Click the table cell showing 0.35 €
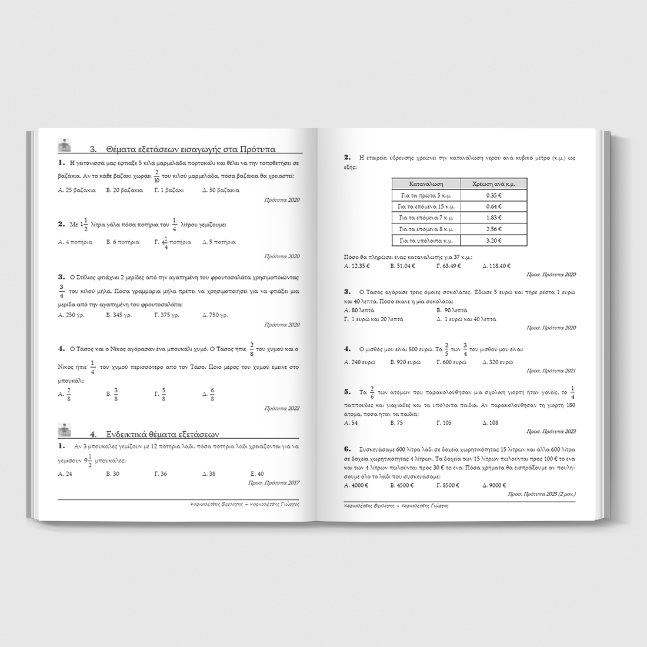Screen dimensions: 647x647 point(493,195)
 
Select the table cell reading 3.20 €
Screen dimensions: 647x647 point(493,241)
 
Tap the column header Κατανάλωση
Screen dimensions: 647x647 point(426,184)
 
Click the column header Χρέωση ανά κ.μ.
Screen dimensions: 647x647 point(493,184)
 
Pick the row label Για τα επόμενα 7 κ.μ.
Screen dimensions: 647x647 point(426,218)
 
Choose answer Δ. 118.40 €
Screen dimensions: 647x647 point(496,266)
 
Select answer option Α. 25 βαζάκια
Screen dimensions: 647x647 point(74,190)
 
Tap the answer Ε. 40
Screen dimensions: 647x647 point(257,473)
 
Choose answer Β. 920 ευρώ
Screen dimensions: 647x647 point(405,362)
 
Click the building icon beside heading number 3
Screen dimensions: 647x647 point(64,145)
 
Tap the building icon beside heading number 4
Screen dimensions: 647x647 point(64,429)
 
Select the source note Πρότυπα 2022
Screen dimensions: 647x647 point(282,408)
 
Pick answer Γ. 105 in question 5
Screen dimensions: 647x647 point(444,422)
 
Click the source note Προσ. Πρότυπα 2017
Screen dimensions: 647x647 point(274,483)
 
